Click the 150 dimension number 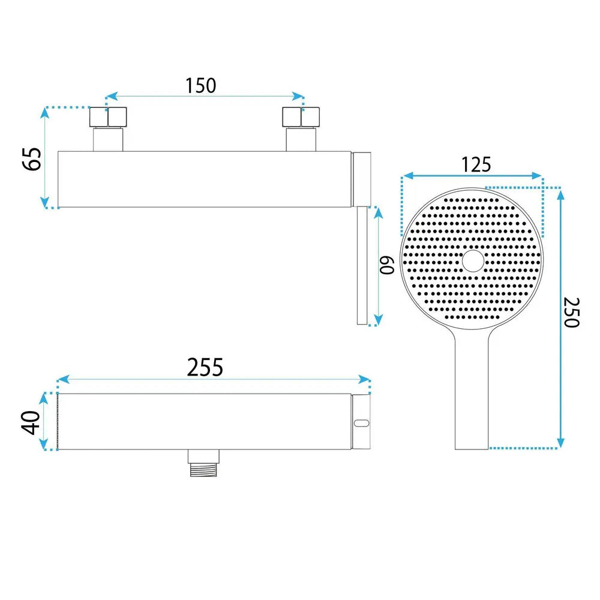pyautogui.click(x=200, y=86)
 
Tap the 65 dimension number pyautogui.click(x=32, y=159)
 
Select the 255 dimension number pyautogui.click(x=205, y=367)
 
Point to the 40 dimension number pyautogui.click(x=31, y=422)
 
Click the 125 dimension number pyautogui.click(x=476, y=164)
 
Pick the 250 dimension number pyautogui.click(x=572, y=312)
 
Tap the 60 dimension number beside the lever pyautogui.click(x=387, y=265)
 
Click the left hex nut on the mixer pyautogui.click(x=108, y=117)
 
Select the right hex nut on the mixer pyautogui.click(x=301, y=117)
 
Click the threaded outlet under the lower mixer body pyautogui.click(x=203, y=463)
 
